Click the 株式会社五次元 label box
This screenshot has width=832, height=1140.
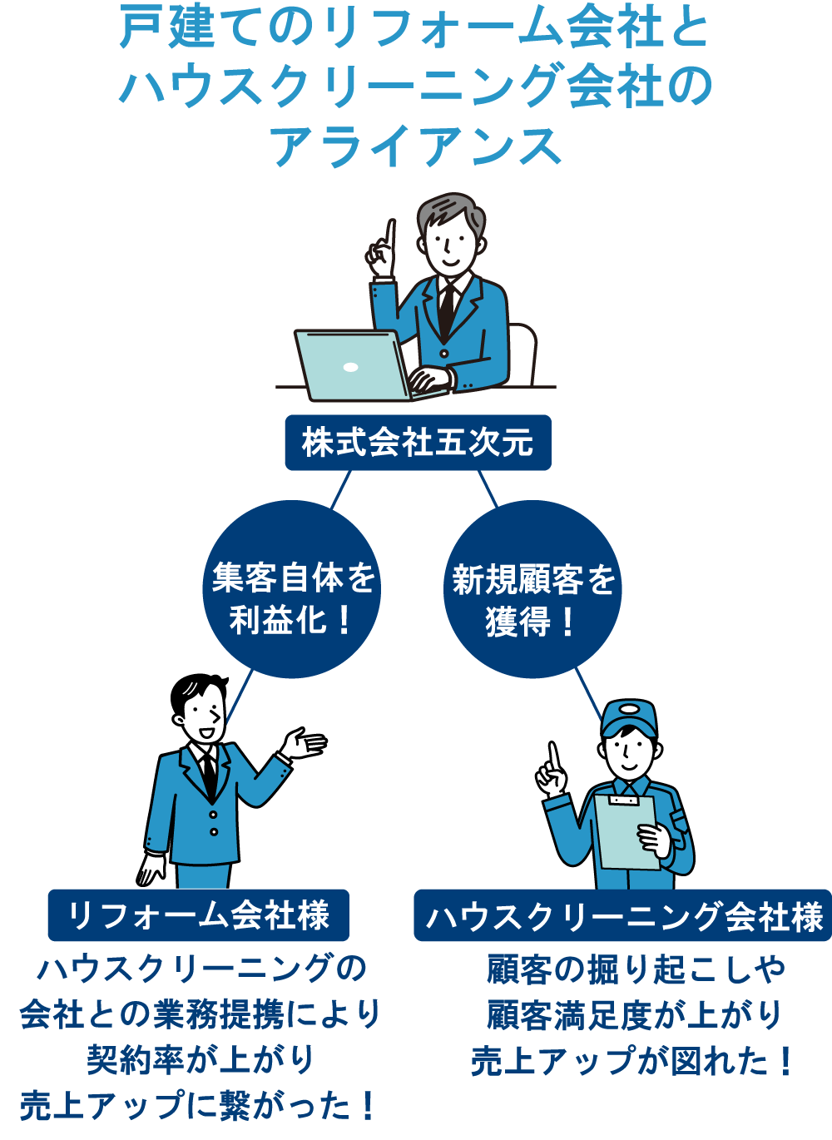pos(418,443)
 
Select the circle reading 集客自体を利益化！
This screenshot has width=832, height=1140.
pos(291,597)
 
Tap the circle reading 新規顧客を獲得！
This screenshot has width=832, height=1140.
pos(532,597)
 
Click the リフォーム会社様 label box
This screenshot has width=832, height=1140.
pos(198,915)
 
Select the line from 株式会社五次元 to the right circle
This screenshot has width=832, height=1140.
pos(488,488)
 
